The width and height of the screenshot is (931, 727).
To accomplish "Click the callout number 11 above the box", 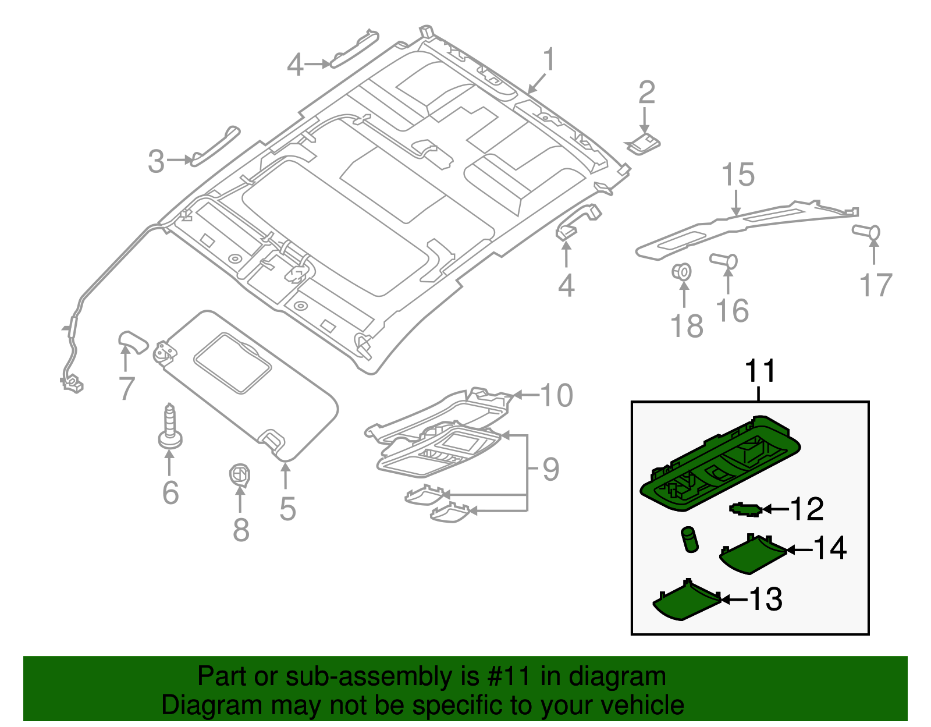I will click(x=761, y=371).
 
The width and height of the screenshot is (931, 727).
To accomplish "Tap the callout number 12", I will click(x=806, y=509).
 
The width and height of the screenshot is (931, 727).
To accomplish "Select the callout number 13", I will click(x=766, y=599).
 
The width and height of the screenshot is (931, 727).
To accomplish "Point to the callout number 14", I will click(x=830, y=548).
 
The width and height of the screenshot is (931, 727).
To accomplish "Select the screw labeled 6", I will click(x=170, y=428).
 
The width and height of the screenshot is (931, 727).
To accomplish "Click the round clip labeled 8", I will click(x=239, y=475).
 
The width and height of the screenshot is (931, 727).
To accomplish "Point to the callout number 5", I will click(x=287, y=508).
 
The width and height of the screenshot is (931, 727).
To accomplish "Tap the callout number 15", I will click(x=738, y=175).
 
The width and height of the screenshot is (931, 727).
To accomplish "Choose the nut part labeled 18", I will click(x=682, y=271).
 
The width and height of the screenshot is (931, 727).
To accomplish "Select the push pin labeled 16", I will click(x=724, y=260).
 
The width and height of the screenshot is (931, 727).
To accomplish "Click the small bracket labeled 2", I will click(x=642, y=143).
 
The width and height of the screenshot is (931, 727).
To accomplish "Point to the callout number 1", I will click(x=549, y=61).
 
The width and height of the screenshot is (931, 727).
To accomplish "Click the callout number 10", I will click(x=557, y=395).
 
